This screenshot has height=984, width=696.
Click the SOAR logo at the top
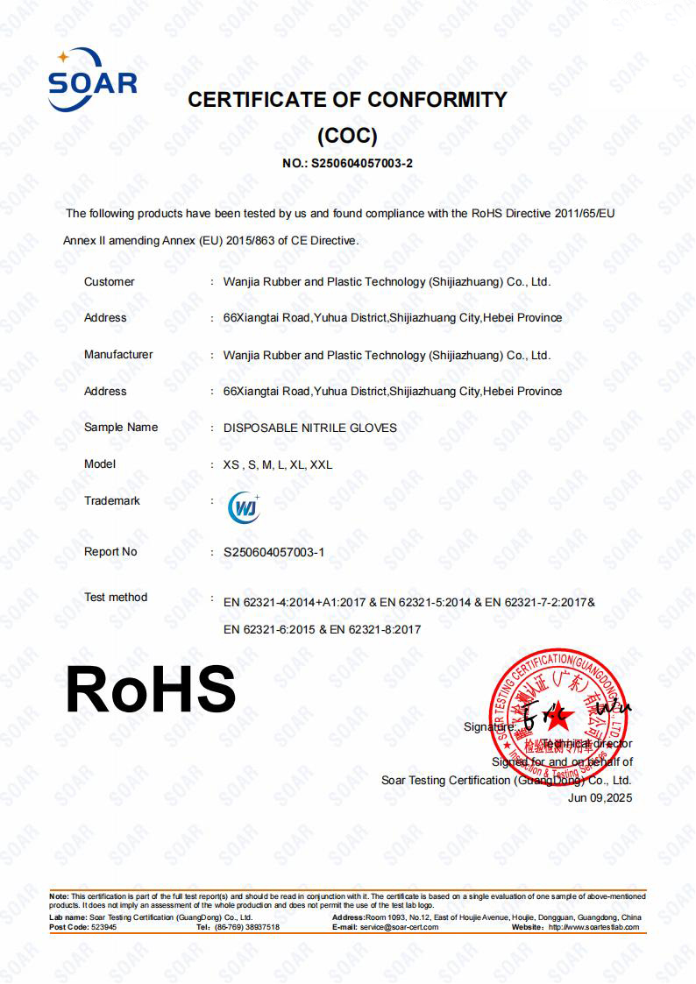(x=92, y=80)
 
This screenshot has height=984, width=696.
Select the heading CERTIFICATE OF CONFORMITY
(x=347, y=100)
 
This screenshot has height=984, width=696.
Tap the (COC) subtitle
(x=347, y=136)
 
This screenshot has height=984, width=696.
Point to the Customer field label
(x=109, y=281)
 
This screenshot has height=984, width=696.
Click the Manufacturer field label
(x=118, y=354)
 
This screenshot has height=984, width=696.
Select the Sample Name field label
(x=121, y=427)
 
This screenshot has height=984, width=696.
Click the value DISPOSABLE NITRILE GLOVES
(x=310, y=428)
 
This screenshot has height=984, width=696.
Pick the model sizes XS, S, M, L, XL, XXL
(x=278, y=464)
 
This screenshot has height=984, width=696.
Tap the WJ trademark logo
(x=243, y=507)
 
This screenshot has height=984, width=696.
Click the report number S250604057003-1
(x=274, y=552)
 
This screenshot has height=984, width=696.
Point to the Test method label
(x=116, y=597)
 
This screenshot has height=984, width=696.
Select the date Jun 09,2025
(x=600, y=797)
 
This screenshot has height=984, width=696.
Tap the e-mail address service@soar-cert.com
(x=399, y=927)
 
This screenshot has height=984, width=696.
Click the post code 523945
(x=103, y=927)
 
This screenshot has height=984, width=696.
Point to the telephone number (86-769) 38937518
(x=249, y=927)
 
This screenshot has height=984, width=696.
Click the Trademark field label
(x=112, y=500)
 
